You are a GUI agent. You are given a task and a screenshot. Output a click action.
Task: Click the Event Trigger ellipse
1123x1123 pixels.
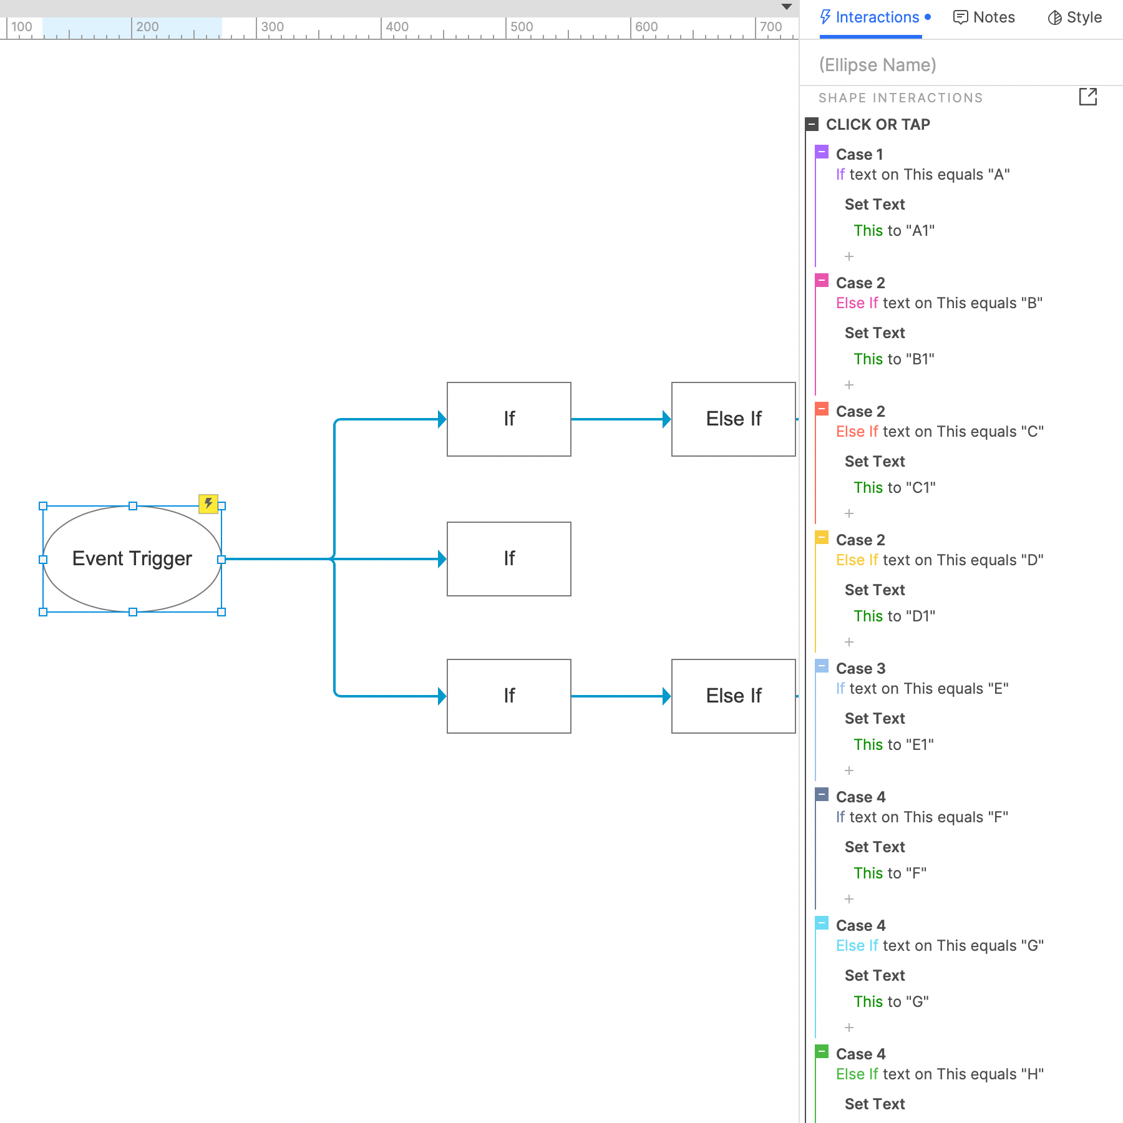(132, 558)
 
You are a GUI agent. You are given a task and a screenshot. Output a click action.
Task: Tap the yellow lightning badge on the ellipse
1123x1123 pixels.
(208, 503)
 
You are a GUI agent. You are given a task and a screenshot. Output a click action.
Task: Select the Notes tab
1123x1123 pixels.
(984, 17)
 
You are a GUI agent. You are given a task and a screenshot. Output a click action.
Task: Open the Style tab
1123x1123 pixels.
(1075, 17)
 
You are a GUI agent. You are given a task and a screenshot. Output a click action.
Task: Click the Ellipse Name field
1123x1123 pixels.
(877, 65)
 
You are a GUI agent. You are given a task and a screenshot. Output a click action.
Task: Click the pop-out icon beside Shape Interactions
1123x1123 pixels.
(1087, 97)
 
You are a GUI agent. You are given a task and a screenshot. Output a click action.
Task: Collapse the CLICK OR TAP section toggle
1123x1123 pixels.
(812, 124)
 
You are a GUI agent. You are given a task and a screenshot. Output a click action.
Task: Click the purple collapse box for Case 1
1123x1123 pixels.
(822, 152)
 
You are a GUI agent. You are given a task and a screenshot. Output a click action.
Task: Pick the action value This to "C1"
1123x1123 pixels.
(894, 488)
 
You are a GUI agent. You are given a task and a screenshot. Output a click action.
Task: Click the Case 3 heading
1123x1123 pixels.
(860, 668)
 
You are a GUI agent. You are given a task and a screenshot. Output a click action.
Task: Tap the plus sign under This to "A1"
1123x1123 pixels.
(849, 256)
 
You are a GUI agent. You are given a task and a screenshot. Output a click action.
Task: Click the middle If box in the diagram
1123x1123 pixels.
(509, 558)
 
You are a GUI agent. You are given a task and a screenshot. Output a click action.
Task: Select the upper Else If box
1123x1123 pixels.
(733, 419)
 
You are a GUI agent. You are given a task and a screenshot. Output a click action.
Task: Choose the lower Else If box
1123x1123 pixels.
(733, 696)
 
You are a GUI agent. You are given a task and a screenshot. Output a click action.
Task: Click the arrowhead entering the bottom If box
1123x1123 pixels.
(442, 696)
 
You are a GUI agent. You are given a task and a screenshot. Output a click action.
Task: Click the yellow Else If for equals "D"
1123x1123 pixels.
(857, 560)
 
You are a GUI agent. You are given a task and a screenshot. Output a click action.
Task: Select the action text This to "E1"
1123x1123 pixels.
(893, 745)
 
